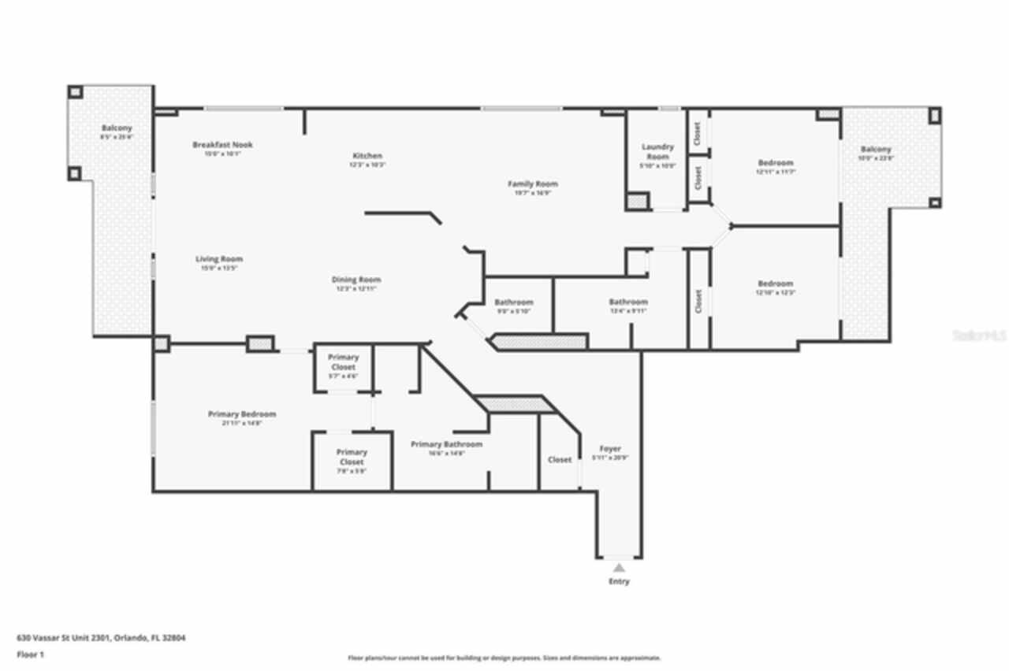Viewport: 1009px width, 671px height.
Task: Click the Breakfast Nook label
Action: (222, 145)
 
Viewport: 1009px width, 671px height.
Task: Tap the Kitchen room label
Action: (367, 156)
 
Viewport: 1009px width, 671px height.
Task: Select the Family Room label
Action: (532, 184)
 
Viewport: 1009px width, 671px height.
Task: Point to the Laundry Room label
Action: (657, 151)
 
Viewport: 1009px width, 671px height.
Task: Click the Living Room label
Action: (219, 259)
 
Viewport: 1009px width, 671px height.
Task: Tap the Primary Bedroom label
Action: (242, 414)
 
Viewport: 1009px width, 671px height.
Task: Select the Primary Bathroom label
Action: (446, 444)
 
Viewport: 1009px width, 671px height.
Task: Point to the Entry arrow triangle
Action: (619, 567)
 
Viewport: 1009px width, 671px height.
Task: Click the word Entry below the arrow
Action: (619, 582)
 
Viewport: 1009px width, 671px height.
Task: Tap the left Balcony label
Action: (117, 128)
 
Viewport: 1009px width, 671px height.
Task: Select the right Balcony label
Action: (876, 150)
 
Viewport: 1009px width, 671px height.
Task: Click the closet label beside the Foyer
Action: (560, 460)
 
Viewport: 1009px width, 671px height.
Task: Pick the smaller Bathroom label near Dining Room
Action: (514, 302)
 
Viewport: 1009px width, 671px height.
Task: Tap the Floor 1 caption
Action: (31, 654)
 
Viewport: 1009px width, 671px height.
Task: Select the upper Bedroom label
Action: (776, 163)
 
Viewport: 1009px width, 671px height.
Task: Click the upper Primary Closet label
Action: (344, 362)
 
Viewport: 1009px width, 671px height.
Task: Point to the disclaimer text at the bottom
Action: (504, 658)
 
